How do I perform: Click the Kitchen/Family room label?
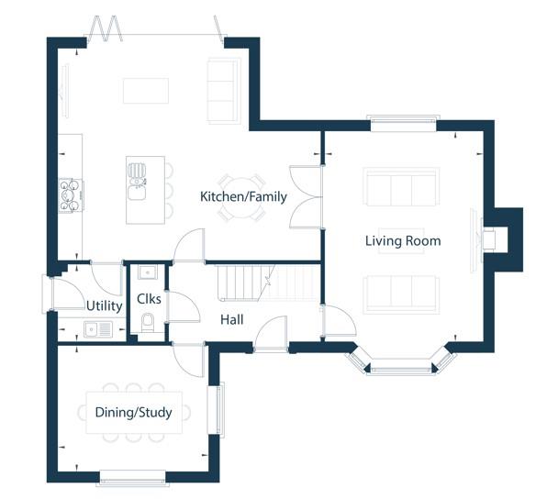243,197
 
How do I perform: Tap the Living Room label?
403,241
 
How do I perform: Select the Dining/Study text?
134,413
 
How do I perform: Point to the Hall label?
232,319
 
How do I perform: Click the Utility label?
104,306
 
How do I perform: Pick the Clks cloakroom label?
149,299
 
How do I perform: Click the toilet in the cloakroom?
148,323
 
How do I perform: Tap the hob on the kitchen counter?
71,195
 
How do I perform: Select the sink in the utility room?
98,329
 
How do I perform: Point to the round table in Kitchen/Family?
241,198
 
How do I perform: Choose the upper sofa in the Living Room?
401,186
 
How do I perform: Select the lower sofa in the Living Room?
401,294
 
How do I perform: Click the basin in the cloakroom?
148,272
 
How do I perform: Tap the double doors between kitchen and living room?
306,197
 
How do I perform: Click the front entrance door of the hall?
272,332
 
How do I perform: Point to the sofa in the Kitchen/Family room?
224,92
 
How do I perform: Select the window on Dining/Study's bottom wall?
132,478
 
